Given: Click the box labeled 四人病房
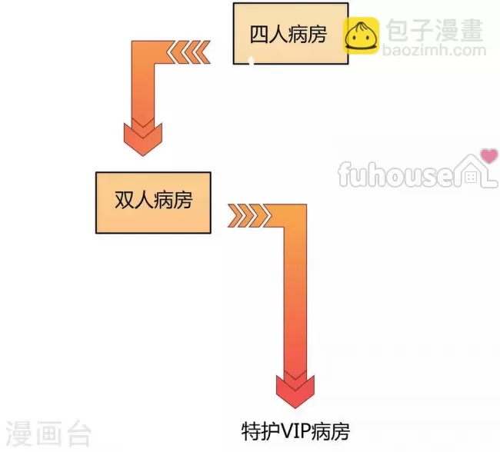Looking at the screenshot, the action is pos(291,34).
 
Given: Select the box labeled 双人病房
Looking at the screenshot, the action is pos(153,203).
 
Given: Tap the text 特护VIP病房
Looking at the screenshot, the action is pos(295,431).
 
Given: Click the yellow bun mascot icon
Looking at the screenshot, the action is pos(362,35).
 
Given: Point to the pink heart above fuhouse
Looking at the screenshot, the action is pos(489,155).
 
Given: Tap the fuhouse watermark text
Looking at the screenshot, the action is pos(396,174).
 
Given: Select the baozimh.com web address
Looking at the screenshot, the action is pos(435,51).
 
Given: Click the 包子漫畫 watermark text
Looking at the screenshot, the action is pos(435,30).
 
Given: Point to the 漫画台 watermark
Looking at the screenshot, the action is pos(48,434).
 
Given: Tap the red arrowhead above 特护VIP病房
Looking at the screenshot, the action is pos(295,391).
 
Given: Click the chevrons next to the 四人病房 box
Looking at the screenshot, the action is pos(188,52).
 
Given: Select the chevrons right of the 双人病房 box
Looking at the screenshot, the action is pos(249,215).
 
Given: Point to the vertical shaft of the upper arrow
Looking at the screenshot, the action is pos(143,92).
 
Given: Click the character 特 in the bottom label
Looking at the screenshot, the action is pos(251,431).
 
